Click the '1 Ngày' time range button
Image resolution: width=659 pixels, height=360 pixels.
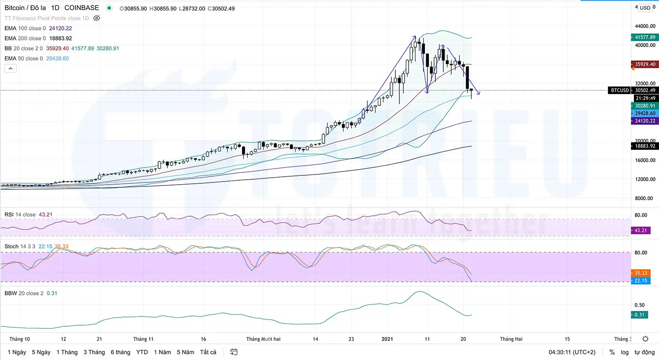pos(17,352)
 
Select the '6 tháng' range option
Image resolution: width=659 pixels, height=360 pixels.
pos(120,352)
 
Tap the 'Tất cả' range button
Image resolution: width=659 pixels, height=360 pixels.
pos(208,352)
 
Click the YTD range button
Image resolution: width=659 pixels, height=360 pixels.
pos(142,352)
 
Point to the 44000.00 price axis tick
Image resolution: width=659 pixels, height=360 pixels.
pos(645,26)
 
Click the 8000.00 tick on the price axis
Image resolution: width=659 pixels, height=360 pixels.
pos(645,198)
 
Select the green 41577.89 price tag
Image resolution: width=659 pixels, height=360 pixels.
pos(645,37)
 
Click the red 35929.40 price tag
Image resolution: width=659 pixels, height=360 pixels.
pos(645,64)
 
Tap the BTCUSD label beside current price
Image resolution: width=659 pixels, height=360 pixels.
pos(619,90)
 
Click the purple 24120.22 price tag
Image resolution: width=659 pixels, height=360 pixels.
pos(645,121)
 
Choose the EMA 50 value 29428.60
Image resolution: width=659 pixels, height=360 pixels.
pos(58,58)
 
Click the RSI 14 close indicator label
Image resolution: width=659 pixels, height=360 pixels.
pos(20,215)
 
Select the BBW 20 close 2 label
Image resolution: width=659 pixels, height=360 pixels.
pos(24,293)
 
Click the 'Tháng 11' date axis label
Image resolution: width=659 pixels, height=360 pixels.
pos(143,339)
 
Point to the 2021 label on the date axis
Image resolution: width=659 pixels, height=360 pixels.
pos(387,339)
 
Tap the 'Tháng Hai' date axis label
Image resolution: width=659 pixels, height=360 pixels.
pos(511,339)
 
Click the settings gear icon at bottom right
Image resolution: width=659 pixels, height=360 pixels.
pos(645,339)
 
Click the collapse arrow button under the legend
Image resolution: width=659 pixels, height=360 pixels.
pos(11,69)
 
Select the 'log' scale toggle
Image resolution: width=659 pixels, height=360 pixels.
pos(624,352)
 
